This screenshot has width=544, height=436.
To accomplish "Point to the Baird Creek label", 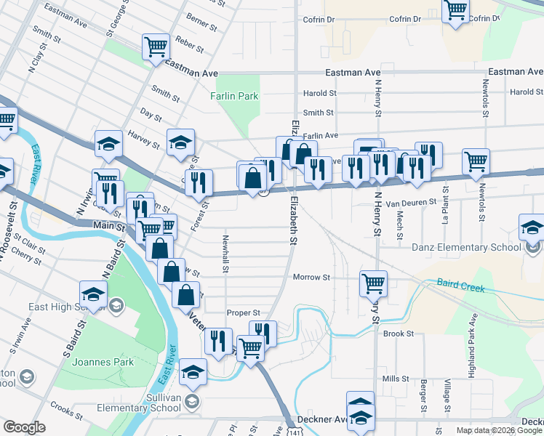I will point(461,285).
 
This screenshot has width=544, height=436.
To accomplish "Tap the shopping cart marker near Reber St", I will point(156,47).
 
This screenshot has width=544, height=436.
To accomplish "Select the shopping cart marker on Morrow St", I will point(373,283).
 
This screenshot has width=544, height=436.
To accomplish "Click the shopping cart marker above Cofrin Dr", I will point(456,10).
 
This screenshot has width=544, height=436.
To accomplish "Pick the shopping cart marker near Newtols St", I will point(476,161).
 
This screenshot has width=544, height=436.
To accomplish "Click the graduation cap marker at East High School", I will point(94,295).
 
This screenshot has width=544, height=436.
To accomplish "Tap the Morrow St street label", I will point(311,278).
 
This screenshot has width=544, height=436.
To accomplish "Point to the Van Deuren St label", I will point(409,203).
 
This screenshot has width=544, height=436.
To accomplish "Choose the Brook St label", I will point(399,334).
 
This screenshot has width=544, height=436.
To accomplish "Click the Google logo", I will point(25,427).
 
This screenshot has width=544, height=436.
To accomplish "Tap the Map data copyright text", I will point(499,430).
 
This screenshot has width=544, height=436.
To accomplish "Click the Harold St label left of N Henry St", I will point(320,93).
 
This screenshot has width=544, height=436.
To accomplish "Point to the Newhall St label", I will point(226,255).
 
